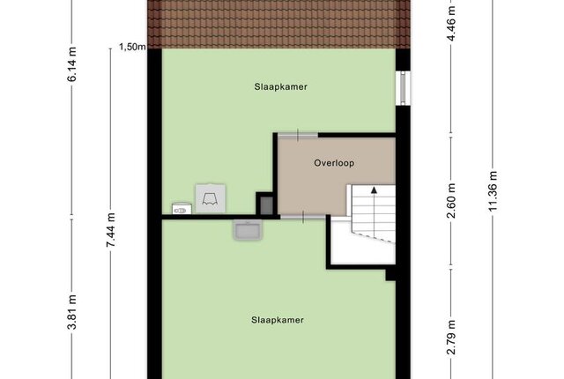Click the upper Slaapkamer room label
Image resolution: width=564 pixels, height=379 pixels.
click(280, 87)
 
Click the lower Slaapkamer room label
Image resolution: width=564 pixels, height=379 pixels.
click(278, 320)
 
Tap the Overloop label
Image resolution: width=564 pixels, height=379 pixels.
click(334, 163)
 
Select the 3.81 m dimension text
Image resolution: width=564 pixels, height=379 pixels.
click(72, 311)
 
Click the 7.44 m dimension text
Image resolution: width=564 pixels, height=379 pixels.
click(110, 230)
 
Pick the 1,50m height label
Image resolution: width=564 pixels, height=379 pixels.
click(132, 47)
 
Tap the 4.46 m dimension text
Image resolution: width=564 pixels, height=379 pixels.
click(451, 24)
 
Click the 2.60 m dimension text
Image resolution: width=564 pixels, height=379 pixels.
click(451, 200)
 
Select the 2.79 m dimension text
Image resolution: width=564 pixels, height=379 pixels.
click(451, 337)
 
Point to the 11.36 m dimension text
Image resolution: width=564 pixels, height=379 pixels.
click(493, 191)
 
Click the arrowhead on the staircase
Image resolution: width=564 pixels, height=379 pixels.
click(374, 190)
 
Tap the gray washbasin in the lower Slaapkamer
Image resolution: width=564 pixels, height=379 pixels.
click(248, 230)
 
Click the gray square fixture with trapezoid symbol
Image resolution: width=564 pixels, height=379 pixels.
click(211, 198)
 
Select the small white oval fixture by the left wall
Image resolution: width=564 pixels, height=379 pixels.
click(182, 209)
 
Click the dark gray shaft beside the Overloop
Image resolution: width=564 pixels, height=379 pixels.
click(266, 206)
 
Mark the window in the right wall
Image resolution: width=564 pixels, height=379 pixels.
click(404, 88)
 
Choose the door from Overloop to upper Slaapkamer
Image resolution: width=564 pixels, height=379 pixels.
click(298, 135)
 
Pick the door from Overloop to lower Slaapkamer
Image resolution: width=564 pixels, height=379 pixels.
click(303, 217)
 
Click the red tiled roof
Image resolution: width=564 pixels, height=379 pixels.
click(279, 24)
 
